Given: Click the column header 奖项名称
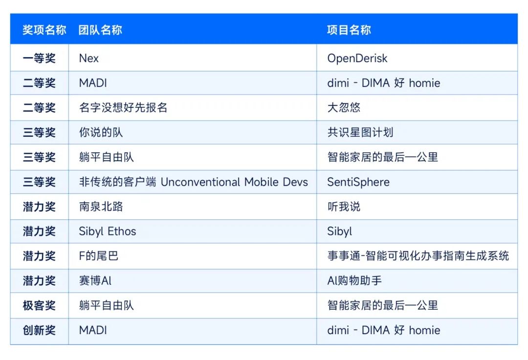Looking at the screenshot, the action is point(44,30).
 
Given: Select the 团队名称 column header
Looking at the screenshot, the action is point(100,30).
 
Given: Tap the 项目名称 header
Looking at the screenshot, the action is point(349,30).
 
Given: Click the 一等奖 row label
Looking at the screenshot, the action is point(39,58).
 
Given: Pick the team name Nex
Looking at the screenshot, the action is point(89,58).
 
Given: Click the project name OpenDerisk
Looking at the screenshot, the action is point(357,59).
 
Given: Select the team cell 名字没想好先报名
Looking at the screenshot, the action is point(123,107).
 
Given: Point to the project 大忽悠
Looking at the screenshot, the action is point(344,107).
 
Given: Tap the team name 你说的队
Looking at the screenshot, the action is point(101,132).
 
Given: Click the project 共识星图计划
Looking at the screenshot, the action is point(360,132).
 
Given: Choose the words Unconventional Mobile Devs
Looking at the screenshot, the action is point(234,182).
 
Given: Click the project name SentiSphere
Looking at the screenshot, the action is point(358,182).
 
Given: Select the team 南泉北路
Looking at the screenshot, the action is point(101,207).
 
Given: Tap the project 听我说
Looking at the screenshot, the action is point(344,207).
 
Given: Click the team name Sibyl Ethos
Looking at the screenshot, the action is point(108,232).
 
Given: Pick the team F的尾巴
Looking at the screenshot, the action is point(99,256).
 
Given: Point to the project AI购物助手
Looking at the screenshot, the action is point(354,280).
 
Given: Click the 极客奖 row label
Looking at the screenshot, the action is point(39,305).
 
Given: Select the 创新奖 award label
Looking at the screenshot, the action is point(39,330).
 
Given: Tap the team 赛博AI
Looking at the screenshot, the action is point(95,280).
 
